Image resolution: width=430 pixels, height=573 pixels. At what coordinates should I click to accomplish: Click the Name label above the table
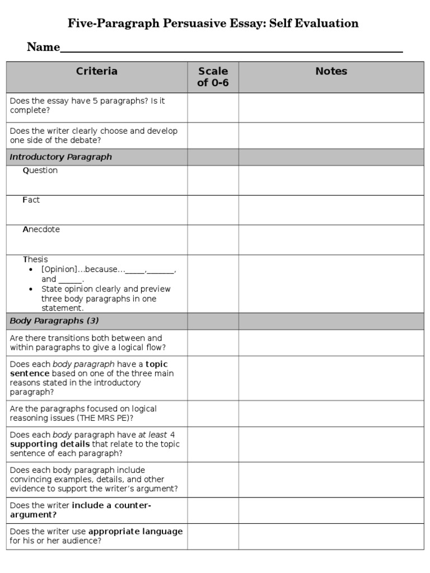click(x=43, y=48)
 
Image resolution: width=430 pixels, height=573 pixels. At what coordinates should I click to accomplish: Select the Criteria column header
click(x=97, y=71)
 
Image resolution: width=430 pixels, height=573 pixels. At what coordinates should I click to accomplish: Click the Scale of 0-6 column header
click(x=213, y=77)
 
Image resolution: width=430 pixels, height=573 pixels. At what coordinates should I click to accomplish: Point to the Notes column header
click(x=331, y=71)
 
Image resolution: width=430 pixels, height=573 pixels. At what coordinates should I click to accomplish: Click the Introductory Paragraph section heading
click(x=61, y=157)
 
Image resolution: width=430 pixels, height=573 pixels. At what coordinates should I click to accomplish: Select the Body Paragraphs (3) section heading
click(x=54, y=321)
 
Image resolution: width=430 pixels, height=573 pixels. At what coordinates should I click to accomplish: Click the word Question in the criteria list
click(x=40, y=171)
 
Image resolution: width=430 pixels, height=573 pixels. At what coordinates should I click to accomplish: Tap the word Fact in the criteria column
click(x=31, y=200)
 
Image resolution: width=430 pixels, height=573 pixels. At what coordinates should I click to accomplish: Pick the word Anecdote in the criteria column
click(x=41, y=229)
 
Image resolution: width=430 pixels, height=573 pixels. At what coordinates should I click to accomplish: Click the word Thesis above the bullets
click(x=35, y=260)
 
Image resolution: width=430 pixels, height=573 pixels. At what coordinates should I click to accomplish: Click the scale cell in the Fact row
click(x=213, y=210)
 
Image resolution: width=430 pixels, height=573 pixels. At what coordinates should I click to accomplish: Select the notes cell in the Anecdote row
click(x=331, y=239)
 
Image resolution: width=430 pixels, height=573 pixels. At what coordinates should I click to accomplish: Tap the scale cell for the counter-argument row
click(x=213, y=510)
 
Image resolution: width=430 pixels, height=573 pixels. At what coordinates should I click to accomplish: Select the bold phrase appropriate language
click(x=135, y=532)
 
